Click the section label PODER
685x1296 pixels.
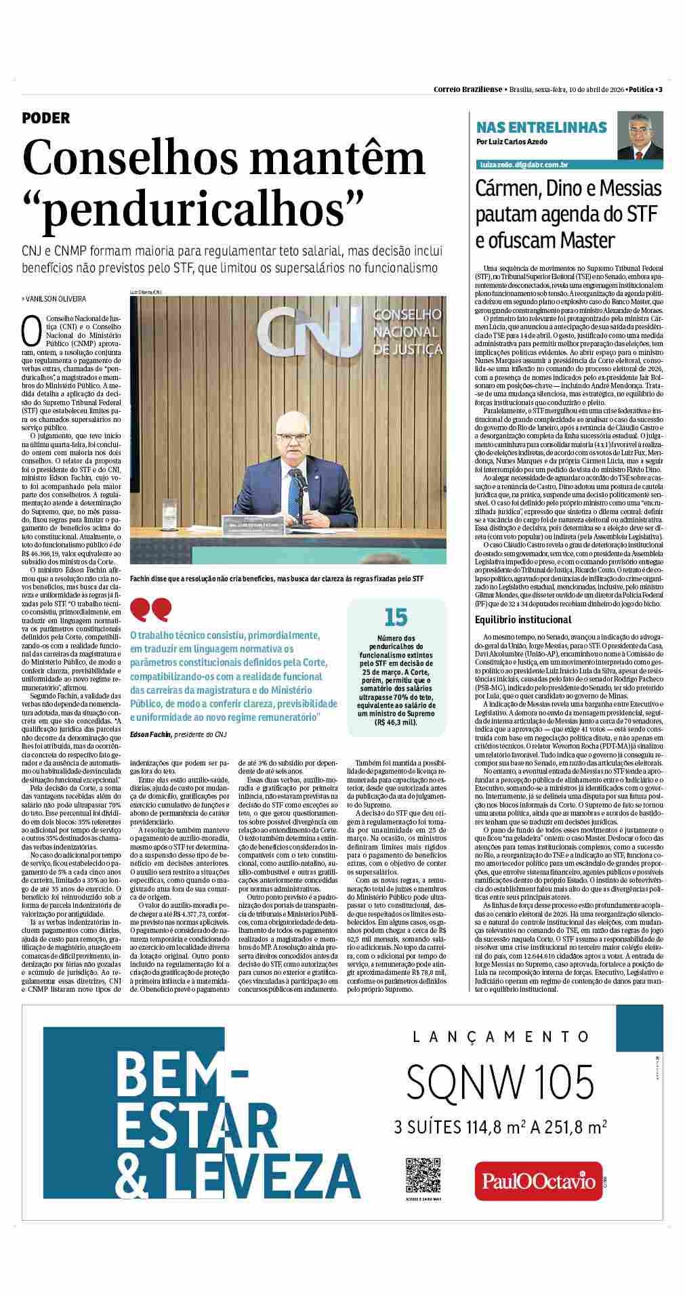[x=46, y=118]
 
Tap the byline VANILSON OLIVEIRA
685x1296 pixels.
[x=56, y=299]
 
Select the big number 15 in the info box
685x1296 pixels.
[x=396, y=617]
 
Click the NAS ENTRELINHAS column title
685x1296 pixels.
[x=541, y=127]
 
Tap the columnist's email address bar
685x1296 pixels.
[x=523, y=165]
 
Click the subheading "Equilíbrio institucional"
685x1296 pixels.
[x=524, y=619]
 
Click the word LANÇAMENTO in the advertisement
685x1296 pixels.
[x=501, y=1036]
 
